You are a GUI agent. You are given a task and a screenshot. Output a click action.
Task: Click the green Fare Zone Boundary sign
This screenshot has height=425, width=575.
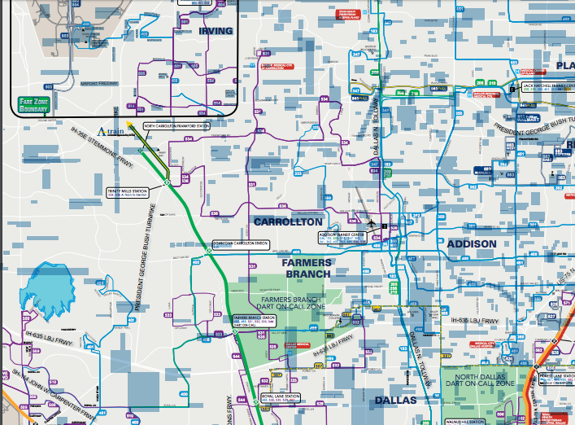[x=34, y=103]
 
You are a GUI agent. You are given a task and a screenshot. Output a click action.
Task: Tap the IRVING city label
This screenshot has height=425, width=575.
[x=216, y=30]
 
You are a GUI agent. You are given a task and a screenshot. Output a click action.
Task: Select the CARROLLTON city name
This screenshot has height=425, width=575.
[x=288, y=221]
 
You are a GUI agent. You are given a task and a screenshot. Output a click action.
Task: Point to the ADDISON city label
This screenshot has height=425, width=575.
[x=471, y=243]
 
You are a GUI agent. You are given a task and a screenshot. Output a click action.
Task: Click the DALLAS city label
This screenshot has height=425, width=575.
[x=395, y=400]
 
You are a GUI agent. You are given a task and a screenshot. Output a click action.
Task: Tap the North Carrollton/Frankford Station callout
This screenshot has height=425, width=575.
[x=176, y=126]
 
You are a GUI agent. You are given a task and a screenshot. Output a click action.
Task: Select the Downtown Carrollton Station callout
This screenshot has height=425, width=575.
[x=240, y=243]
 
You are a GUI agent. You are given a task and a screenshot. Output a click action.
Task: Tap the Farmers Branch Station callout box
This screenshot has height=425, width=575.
[x=255, y=319]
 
